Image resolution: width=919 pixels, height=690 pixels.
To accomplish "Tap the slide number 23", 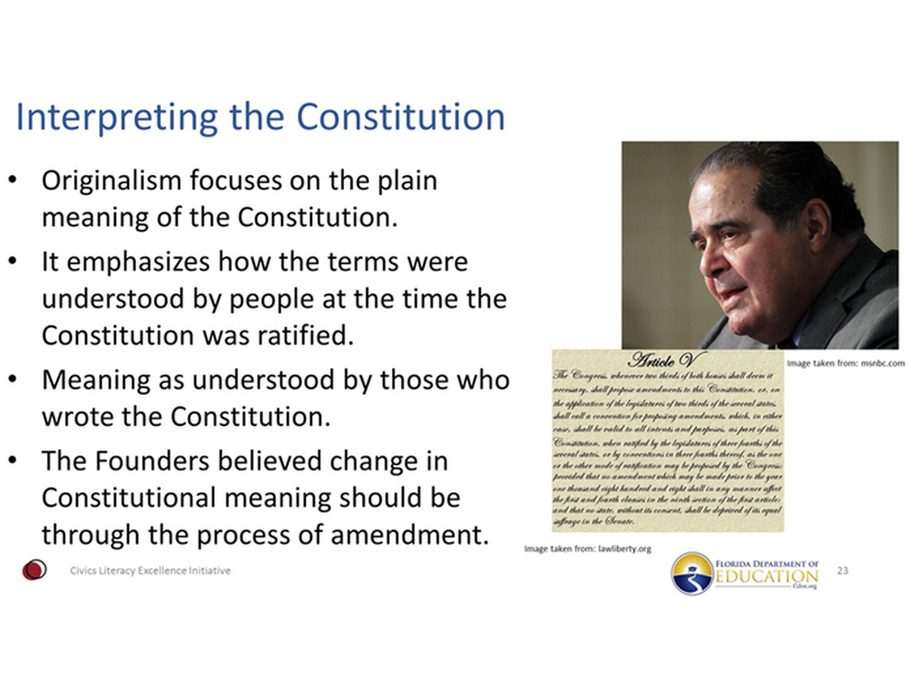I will pyautogui.click(x=843, y=571).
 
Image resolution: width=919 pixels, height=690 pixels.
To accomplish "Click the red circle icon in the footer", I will pyautogui.click(x=34, y=571).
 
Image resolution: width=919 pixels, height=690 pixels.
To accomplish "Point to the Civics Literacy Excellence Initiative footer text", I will pyautogui.click(x=149, y=571).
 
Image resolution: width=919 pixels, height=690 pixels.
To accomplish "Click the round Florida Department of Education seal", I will pyautogui.click(x=692, y=573).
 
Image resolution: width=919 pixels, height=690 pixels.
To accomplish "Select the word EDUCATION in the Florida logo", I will pyautogui.click(x=767, y=576).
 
